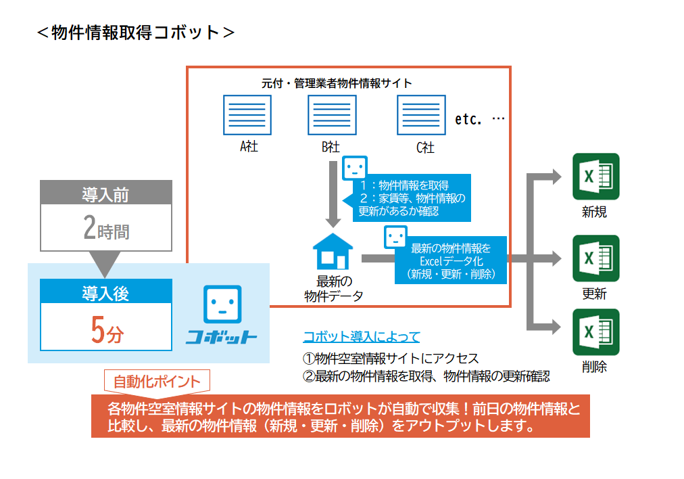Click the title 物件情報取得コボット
(x=136, y=32)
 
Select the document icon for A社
(x=247, y=116)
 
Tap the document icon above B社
(x=332, y=116)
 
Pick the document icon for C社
(x=422, y=116)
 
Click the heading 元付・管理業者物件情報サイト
(x=337, y=83)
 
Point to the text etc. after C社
(x=469, y=120)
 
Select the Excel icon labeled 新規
(x=595, y=177)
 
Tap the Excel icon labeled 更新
(x=595, y=258)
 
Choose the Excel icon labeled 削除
(x=595, y=332)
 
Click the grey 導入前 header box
(x=105, y=196)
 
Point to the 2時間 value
(x=106, y=230)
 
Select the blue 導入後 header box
(x=106, y=292)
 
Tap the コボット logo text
(x=222, y=337)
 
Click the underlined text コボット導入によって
(x=362, y=336)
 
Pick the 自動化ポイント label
(x=157, y=382)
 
